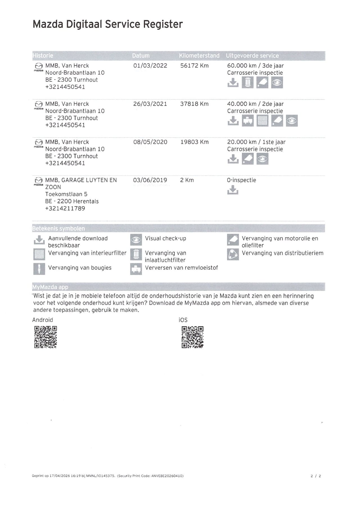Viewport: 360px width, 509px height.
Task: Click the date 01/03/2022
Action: tap(150, 66)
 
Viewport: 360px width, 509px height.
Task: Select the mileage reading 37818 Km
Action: tap(194, 104)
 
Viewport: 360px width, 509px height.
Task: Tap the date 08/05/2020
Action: tap(150, 142)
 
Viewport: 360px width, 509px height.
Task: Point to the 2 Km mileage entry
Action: tap(187, 180)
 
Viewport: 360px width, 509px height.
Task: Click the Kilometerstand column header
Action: tap(199, 56)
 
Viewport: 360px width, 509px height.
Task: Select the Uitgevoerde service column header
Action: tap(252, 56)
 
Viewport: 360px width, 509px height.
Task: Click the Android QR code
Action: tap(46, 337)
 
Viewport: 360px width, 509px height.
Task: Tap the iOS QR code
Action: tap(192, 337)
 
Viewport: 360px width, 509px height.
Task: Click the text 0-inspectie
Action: tap(241, 180)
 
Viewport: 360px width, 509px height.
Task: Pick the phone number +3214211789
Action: tap(65, 208)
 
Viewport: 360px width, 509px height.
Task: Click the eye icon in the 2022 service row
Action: tap(277, 83)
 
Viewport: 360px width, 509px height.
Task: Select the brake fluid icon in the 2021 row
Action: tap(248, 121)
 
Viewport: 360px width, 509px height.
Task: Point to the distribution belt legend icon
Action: tap(233, 254)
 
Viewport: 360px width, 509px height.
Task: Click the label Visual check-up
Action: tap(165, 238)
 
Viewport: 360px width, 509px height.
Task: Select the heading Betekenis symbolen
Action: tap(58, 228)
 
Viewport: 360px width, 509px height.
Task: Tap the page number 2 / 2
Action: tap(316, 476)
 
